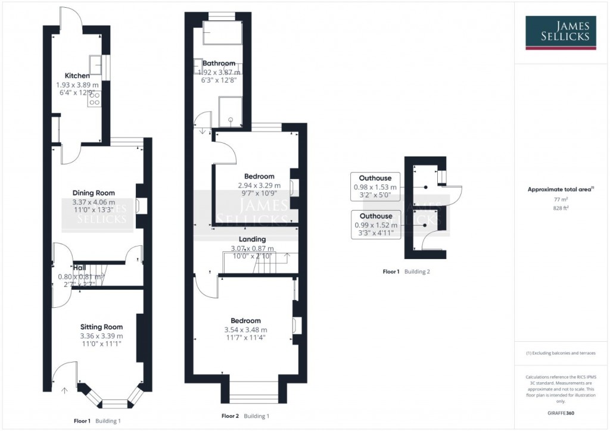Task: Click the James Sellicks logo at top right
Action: (x=561, y=33)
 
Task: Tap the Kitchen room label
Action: (x=77, y=76)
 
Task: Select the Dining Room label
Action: (x=94, y=193)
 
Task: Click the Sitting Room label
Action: (x=101, y=327)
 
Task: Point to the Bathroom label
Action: (x=219, y=64)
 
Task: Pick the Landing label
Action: (x=253, y=239)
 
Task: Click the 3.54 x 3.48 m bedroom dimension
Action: (x=245, y=330)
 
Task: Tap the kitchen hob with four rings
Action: (x=94, y=99)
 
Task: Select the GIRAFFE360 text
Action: (x=561, y=413)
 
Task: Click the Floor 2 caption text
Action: (x=230, y=416)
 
